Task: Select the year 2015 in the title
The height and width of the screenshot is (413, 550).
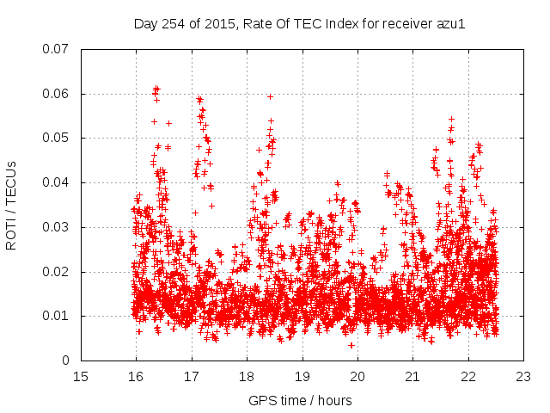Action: [x=221, y=23]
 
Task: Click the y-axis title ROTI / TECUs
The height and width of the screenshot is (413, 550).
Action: [x=12, y=205]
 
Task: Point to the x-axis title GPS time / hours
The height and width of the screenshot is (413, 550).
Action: [x=300, y=400]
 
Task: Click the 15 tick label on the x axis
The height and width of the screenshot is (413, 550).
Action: [x=81, y=377]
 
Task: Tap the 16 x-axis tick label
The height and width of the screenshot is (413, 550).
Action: [x=136, y=377]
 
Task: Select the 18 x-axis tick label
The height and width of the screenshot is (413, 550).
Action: [x=247, y=377]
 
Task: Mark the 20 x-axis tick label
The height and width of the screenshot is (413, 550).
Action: [x=357, y=377]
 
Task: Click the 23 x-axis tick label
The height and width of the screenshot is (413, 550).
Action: [x=523, y=377]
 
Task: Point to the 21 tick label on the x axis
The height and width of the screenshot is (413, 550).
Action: [x=412, y=377]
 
